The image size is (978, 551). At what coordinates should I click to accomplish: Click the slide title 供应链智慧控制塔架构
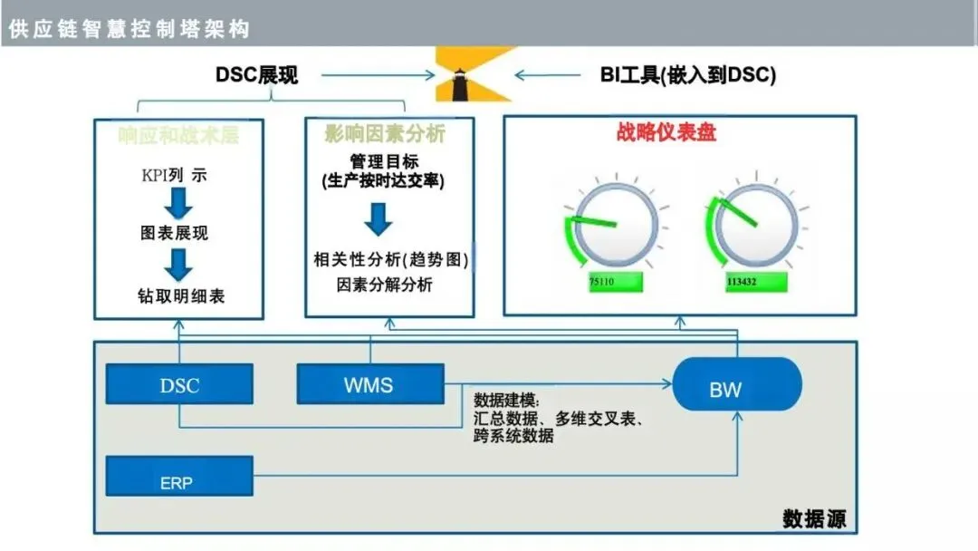click(x=129, y=29)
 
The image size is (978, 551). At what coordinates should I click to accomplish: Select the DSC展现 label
click(x=256, y=75)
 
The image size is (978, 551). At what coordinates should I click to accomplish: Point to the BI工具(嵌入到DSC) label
click(x=688, y=75)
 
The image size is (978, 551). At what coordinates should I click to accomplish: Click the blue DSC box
click(x=179, y=384)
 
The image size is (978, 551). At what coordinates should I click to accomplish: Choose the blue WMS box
click(x=369, y=384)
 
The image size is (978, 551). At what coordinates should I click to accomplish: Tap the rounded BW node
click(x=724, y=390)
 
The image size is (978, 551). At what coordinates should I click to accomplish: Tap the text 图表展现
click(x=179, y=233)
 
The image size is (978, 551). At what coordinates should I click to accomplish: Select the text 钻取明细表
click(x=179, y=295)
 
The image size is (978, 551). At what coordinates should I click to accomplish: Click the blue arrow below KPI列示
click(x=179, y=203)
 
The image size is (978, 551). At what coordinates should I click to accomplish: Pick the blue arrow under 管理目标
click(x=378, y=219)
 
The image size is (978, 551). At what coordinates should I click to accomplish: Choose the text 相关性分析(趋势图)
click(x=390, y=260)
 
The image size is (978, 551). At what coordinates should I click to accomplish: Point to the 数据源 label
click(x=813, y=519)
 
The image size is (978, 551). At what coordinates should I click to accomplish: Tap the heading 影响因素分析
click(x=385, y=135)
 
